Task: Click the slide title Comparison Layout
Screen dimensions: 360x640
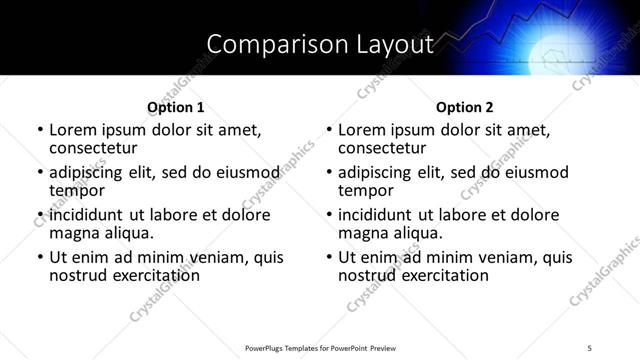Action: tap(320, 44)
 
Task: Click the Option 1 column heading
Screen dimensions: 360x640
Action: tap(176, 107)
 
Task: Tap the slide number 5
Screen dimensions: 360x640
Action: tap(590, 347)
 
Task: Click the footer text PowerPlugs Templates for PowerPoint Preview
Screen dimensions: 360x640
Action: tap(320, 347)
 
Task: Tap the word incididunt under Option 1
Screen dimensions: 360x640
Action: tap(87, 216)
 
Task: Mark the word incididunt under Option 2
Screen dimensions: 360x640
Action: tap(376, 216)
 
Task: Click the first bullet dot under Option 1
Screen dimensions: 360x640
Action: tap(39, 130)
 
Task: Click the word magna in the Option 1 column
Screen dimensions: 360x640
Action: tap(73, 233)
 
